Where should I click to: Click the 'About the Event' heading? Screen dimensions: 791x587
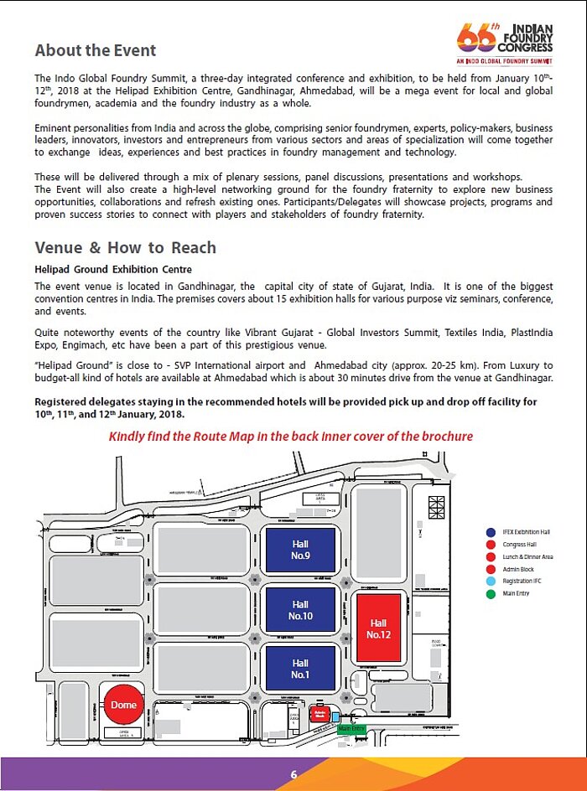[x=96, y=50]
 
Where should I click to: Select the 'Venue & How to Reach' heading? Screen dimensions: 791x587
[x=126, y=248]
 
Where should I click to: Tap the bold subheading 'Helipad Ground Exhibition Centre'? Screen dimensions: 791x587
[x=113, y=270]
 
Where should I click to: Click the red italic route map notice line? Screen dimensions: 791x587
[x=291, y=437]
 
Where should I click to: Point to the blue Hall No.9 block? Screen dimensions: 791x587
[x=300, y=550]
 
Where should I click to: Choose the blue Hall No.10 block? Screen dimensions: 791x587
[x=300, y=609]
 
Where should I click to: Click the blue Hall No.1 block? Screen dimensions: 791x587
[x=300, y=669]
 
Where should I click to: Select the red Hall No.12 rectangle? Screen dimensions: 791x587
[x=378, y=628]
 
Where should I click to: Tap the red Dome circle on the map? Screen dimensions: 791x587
[x=123, y=705]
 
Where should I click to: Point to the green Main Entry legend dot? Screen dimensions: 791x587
[x=490, y=594]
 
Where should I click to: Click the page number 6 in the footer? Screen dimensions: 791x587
[x=293, y=774]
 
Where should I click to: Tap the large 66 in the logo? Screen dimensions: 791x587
[x=475, y=36]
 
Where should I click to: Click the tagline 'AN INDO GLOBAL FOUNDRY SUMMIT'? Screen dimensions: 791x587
[x=505, y=61]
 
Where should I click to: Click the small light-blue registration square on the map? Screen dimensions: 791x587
[x=336, y=717]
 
